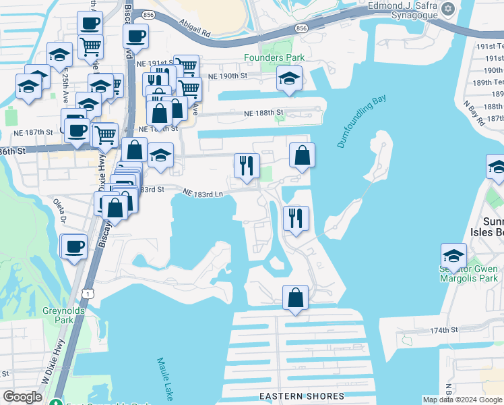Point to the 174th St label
click(444, 330)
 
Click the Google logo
click(22, 396)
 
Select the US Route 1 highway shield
click(87, 292)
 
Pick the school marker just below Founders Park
click(289, 80)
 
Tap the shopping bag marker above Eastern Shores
click(295, 297)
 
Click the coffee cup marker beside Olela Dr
click(73, 246)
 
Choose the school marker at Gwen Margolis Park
click(454, 256)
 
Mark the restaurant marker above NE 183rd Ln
click(247, 165)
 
